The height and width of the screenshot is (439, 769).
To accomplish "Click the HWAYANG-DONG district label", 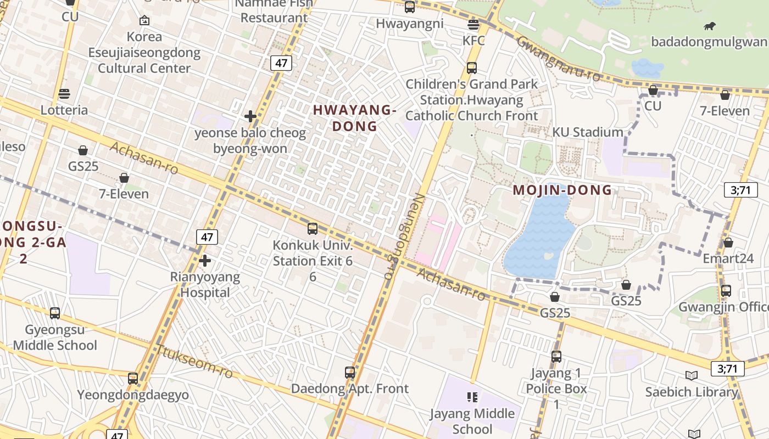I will pyautogui.click(x=354, y=118).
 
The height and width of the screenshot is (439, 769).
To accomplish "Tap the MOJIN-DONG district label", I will pyautogui.click(x=562, y=190).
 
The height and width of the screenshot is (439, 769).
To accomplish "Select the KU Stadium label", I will pyautogui.click(x=588, y=132).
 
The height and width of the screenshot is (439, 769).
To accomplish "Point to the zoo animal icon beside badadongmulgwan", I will pyautogui.click(x=710, y=26).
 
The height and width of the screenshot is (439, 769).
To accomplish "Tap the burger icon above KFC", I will pyautogui.click(x=473, y=24).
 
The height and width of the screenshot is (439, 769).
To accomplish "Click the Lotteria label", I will pyautogui.click(x=64, y=110).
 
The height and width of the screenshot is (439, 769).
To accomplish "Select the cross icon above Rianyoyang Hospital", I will pyautogui.click(x=205, y=260).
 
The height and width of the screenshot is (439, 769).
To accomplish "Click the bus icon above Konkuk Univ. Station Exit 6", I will pyautogui.click(x=313, y=228).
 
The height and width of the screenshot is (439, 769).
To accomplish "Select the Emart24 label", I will pyautogui.click(x=728, y=258).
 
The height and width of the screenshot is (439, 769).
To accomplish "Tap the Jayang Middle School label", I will pyautogui.click(x=472, y=421).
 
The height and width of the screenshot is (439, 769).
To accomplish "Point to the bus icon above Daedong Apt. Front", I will pyautogui.click(x=350, y=372).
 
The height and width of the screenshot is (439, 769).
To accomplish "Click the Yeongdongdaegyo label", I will pyautogui.click(x=133, y=395).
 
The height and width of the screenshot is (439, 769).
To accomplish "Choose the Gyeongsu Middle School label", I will pyautogui.click(x=55, y=337).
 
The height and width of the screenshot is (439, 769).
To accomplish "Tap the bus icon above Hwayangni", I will pyautogui.click(x=410, y=7).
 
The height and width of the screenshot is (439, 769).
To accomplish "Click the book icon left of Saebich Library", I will pyautogui.click(x=692, y=376).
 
